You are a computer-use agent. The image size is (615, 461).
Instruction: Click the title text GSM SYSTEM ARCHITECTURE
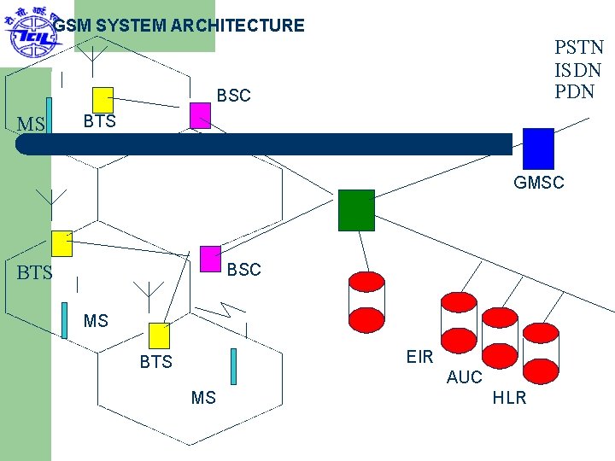(179, 26)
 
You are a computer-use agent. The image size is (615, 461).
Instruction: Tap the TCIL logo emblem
(27, 32)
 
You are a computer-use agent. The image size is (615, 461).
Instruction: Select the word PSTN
(578, 47)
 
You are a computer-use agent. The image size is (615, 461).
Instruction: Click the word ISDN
(578, 69)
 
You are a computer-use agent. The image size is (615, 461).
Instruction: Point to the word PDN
(574, 91)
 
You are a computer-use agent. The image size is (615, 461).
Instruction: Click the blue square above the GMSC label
(538, 148)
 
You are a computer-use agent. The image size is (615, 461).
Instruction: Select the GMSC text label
(538, 182)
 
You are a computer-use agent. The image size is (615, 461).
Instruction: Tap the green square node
(356, 210)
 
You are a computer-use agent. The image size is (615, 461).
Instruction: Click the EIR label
(419, 357)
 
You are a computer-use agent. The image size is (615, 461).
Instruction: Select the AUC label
(464, 377)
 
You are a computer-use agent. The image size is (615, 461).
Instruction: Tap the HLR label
(509, 398)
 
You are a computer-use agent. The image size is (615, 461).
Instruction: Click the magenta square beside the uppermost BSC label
(200, 115)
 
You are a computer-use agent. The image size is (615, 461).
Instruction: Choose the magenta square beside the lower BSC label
(210, 260)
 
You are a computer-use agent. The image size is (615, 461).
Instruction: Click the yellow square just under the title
(102, 99)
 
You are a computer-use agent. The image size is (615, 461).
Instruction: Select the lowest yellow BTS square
(160, 336)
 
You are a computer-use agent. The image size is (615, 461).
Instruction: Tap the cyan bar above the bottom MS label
(233, 366)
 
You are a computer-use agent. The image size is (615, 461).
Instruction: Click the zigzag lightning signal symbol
(231, 309)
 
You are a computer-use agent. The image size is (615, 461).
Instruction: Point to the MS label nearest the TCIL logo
(30, 125)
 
